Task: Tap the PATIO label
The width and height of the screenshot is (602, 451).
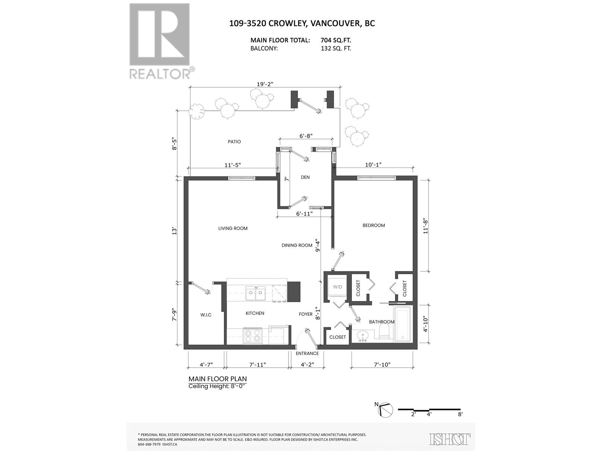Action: (234, 142)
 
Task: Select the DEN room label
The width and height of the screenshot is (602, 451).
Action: (305, 177)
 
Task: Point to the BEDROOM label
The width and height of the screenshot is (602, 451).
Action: (374, 225)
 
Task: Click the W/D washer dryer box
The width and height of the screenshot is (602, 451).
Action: (337, 288)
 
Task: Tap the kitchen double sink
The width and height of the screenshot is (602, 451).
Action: (255, 293)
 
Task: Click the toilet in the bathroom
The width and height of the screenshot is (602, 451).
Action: (384, 332)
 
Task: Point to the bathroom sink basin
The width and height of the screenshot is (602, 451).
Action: (363, 335)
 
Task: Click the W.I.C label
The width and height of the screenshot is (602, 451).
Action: (205, 315)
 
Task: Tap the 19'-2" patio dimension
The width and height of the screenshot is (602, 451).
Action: (265, 84)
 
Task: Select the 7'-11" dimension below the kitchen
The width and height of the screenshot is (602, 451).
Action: (257, 364)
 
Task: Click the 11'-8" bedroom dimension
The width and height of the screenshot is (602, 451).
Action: (426, 226)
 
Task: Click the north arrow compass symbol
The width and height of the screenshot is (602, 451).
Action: (385, 410)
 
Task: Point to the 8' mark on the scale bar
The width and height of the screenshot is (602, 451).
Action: (460, 414)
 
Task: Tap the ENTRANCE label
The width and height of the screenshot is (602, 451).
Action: (307, 353)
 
